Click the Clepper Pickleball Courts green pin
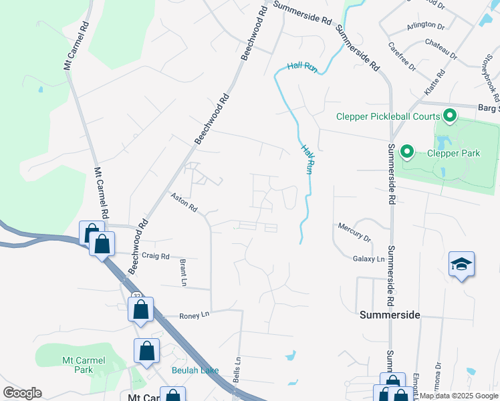(450, 117)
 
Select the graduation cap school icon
(462, 265)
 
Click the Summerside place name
(390, 314)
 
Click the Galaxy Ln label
(369, 259)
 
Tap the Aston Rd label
(184, 203)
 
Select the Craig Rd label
(156, 256)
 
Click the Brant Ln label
(182, 273)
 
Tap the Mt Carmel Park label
(84, 365)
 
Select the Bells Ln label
(237, 368)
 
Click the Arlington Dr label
(426, 25)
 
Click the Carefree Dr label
(402, 57)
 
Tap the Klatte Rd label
(441, 83)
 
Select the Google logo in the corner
(22, 393)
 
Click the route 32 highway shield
(136, 295)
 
